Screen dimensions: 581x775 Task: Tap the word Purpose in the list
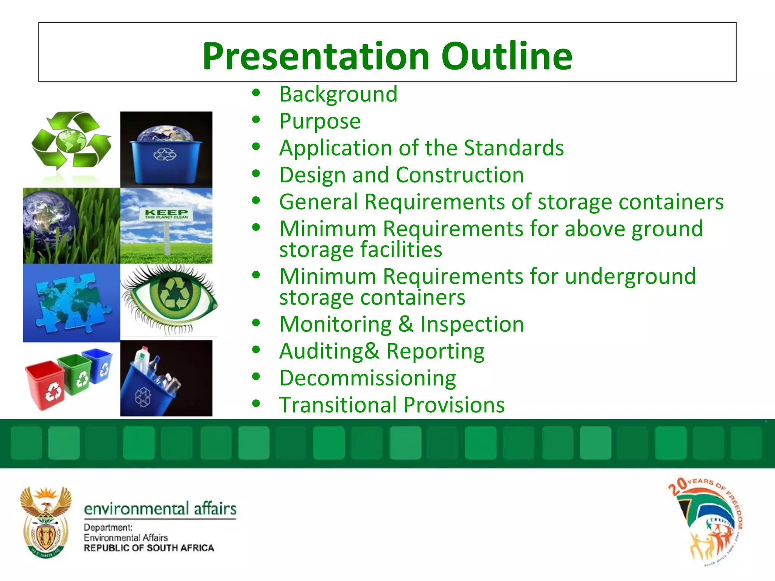320,121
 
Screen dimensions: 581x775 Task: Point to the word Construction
459,175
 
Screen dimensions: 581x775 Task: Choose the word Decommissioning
367,378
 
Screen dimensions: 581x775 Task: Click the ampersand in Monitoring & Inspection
406,324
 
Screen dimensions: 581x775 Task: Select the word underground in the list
630,276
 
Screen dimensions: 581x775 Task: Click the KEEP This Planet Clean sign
167,214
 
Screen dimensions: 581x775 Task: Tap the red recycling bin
45,385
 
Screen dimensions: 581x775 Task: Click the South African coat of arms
45,522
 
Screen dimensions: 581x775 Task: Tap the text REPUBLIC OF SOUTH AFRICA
149,548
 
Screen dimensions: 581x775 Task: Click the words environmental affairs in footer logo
160,509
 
